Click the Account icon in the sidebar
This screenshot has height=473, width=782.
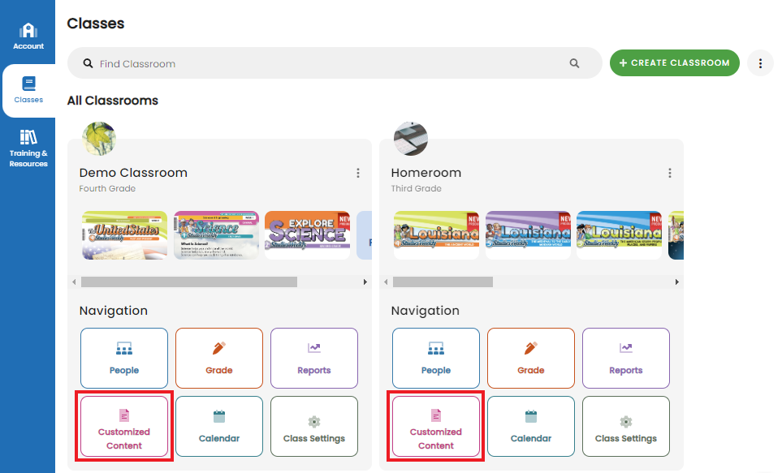pos(28,32)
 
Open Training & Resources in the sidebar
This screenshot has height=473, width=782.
pos(28,148)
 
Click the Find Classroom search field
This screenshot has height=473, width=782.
pos(325,63)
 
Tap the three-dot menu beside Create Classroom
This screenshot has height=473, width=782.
pos(760,63)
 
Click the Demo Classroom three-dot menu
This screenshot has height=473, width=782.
pos(358,173)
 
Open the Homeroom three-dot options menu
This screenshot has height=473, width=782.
pos(670,173)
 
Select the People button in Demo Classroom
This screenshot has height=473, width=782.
pos(124,358)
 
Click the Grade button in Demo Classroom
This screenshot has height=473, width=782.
pos(219,358)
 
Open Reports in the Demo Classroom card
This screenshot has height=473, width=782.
pos(314,358)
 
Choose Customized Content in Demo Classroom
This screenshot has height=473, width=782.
pos(124,427)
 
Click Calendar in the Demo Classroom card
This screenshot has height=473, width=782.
pos(219,427)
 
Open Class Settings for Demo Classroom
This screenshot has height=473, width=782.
pos(314,427)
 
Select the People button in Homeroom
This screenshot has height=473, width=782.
pos(436,358)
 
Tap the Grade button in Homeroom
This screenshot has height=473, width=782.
pos(531,358)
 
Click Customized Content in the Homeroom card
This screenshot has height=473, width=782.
pos(436,427)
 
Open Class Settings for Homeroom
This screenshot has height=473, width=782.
pos(626,427)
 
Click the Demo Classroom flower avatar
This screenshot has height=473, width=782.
pos(99,139)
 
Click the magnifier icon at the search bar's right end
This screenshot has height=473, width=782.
pos(575,63)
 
